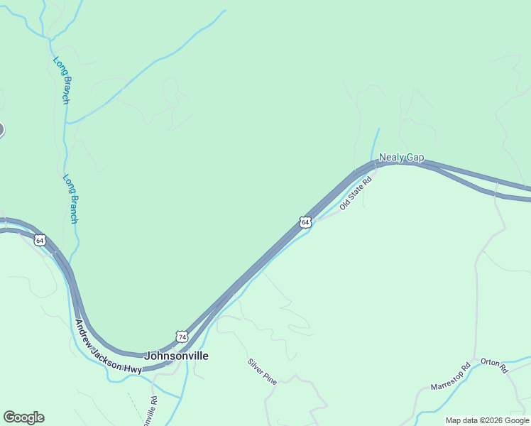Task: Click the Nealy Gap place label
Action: [x=401, y=158]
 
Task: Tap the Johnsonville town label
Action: [x=176, y=356]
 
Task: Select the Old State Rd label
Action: [x=356, y=192]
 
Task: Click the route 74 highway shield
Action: [x=182, y=336]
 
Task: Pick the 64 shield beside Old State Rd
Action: [x=305, y=222]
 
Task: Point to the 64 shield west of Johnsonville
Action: [x=40, y=241]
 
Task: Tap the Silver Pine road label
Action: [x=261, y=371]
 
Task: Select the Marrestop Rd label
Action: [x=451, y=377]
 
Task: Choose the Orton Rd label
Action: [x=494, y=366]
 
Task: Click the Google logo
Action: [x=23, y=417]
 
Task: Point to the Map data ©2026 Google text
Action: [x=488, y=420]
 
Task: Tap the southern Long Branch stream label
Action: [x=70, y=199]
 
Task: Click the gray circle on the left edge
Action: [x=1, y=129]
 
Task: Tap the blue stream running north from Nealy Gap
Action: [x=376, y=142]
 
